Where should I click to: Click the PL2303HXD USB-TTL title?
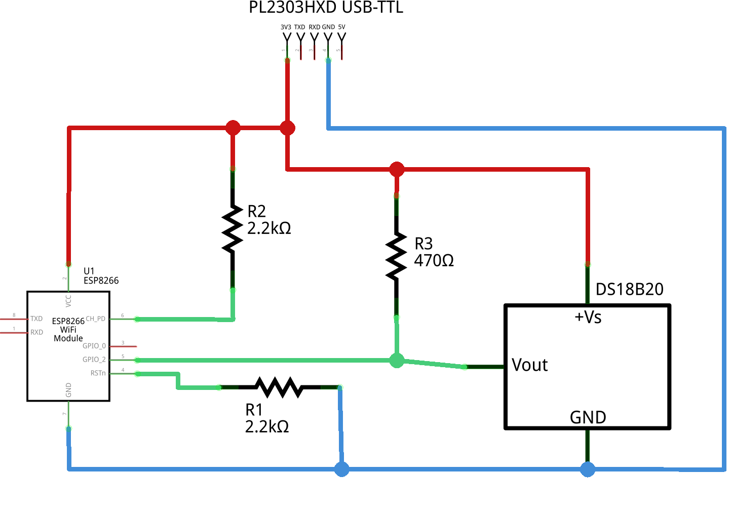pyautogui.click(x=326, y=8)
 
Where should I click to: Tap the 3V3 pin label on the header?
pyautogui.click(x=286, y=27)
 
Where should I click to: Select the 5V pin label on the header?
pyautogui.click(x=342, y=27)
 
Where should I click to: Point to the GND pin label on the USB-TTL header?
pyautogui.click(x=328, y=27)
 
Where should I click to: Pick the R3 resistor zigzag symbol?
pyautogui.click(x=396, y=256)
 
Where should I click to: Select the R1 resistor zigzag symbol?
pyautogui.click(x=279, y=387)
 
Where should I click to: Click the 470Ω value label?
pyautogui.click(x=434, y=261)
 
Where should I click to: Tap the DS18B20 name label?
pyautogui.click(x=629, y=290)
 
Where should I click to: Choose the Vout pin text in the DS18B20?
pyautogui.click(x=529, y=365)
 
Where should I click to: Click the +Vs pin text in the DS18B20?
pyautogui.click(x=588, y=318)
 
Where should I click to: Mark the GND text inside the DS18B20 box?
pyautogui.click(x=588, y=417)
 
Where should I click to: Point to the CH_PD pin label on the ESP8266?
pyautogui.click(x=96, y=319)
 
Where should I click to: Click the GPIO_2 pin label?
pyautogui.click(x=94, y=360)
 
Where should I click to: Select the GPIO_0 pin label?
pyautogui.click(x=94, y=346)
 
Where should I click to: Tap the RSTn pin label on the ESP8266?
pyautogui.click(x=98, y=373)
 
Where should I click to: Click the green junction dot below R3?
pyautogui.click(x=397, y=361)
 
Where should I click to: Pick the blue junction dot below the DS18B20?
pyautogui.click(x=588, y=469)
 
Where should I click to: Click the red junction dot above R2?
pyautogui.click(x=233, y=128)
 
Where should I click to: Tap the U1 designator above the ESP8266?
pyautogui.click(x=89, y=271)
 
